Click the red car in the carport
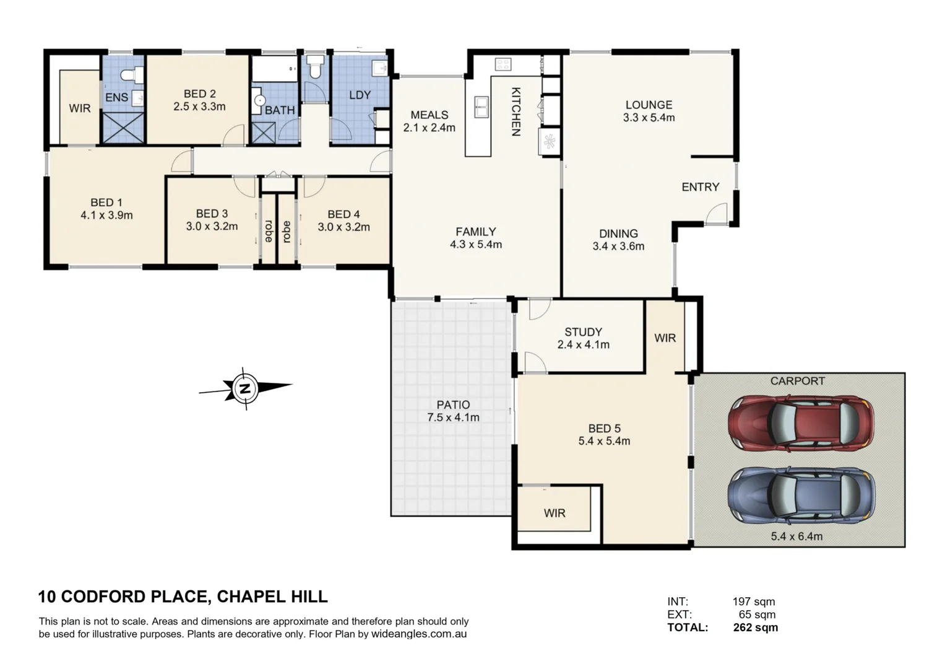tap(801, 424)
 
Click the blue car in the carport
tap(801, 494)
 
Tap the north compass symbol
tap(245, 388)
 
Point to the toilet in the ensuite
tap(132, 75)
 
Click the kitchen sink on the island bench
tap(481, 106)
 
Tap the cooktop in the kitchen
tap(502, 64)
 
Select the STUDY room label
tap(583, 332)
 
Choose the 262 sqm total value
tap(755, 627)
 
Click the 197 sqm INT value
tap(753, 601)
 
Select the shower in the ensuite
tap(123, 127)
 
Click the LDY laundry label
tap(360, 95)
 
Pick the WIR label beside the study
tap(665, 338)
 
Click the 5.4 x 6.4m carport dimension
tap(796, 536)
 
